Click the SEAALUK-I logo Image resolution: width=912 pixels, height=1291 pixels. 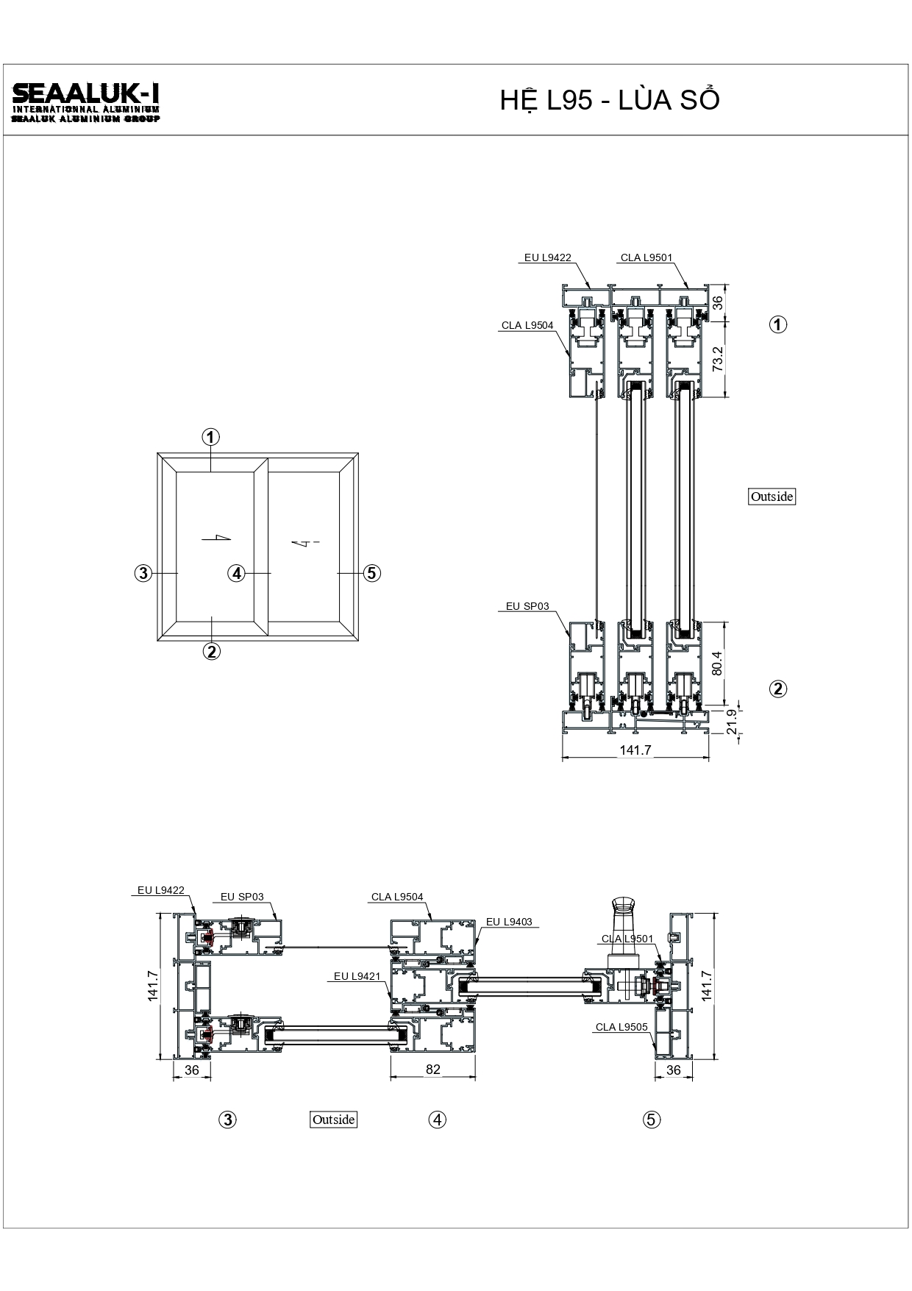click(86, 102)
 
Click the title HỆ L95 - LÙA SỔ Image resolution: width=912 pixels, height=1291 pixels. click(610, 101)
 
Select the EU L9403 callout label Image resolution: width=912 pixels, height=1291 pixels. click(509, 922)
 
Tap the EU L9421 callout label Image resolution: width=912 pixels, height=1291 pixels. click(357, 976)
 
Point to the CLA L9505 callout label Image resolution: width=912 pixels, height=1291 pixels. click(621, 1027)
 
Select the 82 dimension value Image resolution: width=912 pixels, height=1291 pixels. click(432, 1070)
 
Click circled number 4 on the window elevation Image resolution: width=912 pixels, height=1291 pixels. click(236, 572)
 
